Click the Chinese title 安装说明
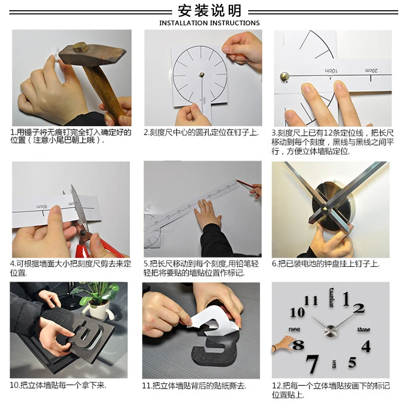(x=210, y=11)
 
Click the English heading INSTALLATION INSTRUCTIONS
(x=209, y=23)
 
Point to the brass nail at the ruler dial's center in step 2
(x=201, y=75)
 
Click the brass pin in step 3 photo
(x=285, y=77)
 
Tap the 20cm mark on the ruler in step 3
(x=371, y=70)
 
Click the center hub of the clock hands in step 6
(x=324, y=207)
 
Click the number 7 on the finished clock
(x=312, y=364)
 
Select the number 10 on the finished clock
(x=297, y=313)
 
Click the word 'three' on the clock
(x=363, y=329)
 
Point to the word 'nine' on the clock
(x=294, y=329)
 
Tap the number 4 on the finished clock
(x=366, y=346)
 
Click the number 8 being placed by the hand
(x=298, y=345)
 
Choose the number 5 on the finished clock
(x=352, y=362)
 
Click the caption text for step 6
(x=325, y=264)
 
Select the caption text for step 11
(x=194, y=386)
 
